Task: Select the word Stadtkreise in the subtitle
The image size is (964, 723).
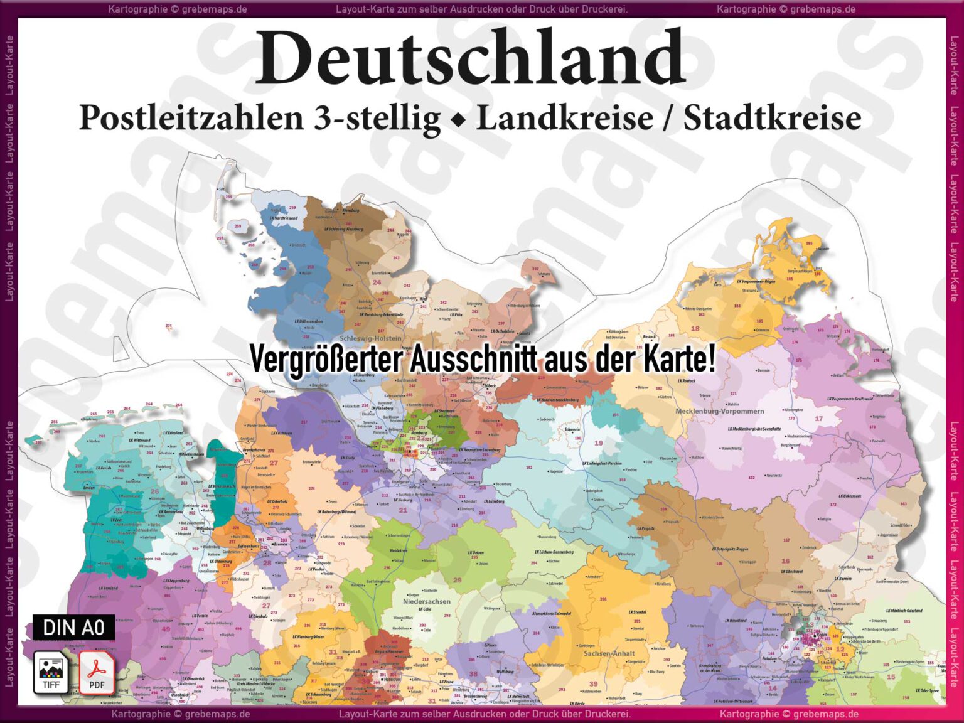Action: pos(772,118)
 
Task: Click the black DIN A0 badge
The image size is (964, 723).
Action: pos(74,627)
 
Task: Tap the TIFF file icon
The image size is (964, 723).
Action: pos(51,672)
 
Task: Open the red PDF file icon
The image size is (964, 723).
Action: pos(97,672)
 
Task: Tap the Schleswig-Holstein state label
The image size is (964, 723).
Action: pos(370,338)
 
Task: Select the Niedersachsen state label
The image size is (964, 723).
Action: pos(427,601)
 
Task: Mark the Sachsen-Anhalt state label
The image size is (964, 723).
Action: pos(609,653)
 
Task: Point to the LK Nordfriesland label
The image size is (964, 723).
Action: pos(284,218)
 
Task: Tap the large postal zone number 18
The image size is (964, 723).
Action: pos(695,328)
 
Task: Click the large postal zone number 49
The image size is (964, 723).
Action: pos(166,629)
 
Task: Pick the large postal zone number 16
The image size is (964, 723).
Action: pos(785,561)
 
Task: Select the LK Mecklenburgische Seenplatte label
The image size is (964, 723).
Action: pos(754,429)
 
